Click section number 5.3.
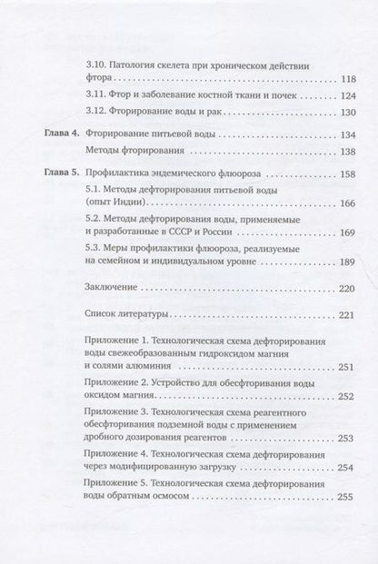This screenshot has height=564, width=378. [91, 247]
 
